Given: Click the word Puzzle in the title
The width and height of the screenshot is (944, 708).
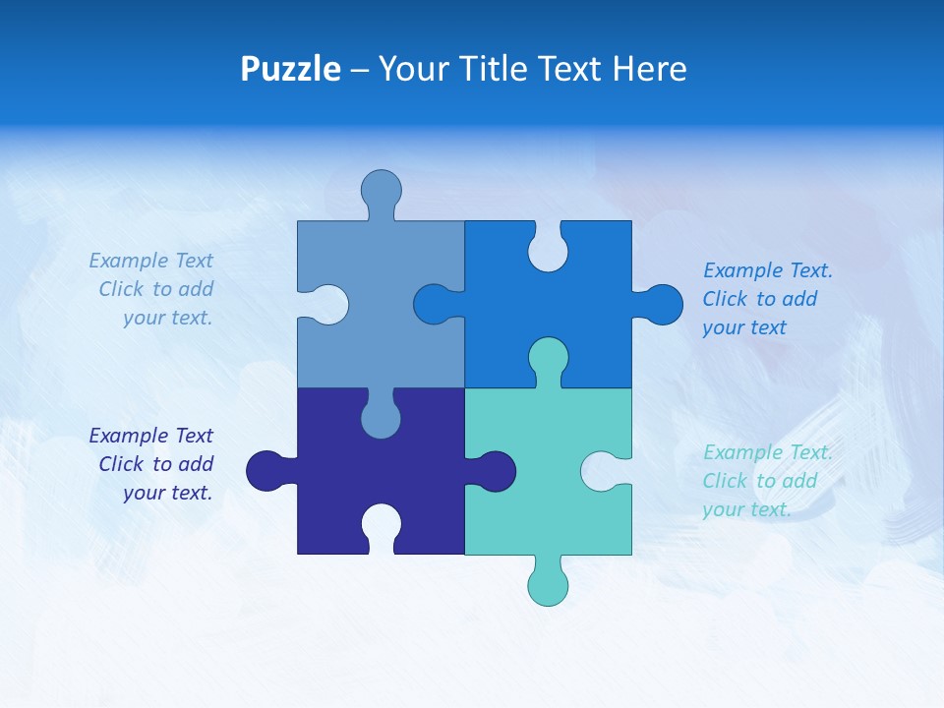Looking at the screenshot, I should pos(290,70).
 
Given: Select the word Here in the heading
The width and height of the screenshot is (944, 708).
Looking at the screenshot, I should pos(649,70).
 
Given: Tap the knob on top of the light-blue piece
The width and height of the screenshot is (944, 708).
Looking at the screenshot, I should pos(381,189).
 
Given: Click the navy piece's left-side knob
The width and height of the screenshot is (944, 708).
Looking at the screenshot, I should pos(265,470).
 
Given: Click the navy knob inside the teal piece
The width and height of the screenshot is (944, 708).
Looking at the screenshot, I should pos(496,471).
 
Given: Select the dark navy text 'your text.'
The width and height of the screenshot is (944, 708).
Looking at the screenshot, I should pos(167,493).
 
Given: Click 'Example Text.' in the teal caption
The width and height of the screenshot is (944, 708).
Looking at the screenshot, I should pos(767,452).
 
